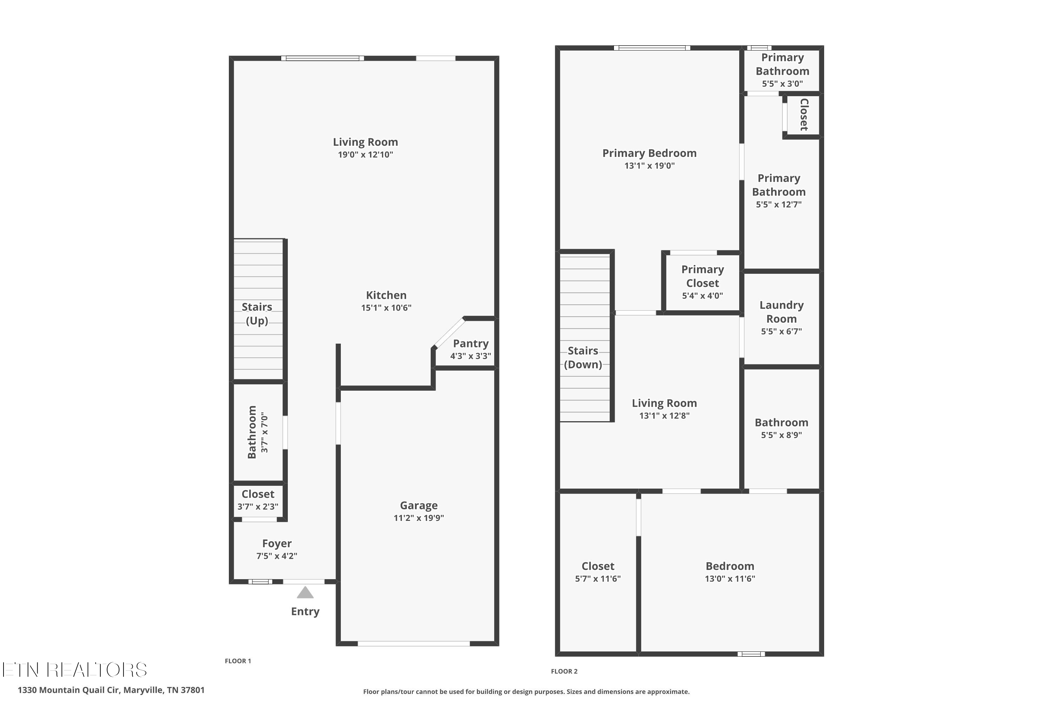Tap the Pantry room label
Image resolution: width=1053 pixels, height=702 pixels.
[471, 343]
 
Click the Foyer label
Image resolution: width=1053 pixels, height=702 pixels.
[277, 543]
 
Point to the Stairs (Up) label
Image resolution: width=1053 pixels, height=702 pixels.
[257, 314]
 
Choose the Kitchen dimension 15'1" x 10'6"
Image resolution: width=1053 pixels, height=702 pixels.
[386, 307]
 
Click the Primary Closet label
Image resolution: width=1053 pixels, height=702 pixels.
[702, 276]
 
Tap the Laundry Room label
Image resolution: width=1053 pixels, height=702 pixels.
[781, 312]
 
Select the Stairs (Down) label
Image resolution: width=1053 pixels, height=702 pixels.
[583, 358]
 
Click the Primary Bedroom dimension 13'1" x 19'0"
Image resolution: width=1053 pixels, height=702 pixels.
[649, 166]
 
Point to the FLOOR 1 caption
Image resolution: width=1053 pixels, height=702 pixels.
[238, 661]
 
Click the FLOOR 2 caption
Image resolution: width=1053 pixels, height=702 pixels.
[564, 671]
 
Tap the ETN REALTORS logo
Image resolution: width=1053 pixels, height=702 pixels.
[75, 670]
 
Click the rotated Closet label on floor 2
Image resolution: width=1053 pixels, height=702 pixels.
[804, 115]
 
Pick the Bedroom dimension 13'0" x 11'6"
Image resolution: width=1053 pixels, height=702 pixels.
[730, 578]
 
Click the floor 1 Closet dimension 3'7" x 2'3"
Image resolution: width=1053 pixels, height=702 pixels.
[258, 507]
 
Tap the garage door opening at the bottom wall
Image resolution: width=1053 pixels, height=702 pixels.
[414, 644]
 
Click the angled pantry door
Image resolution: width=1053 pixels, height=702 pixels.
[449, 333]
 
